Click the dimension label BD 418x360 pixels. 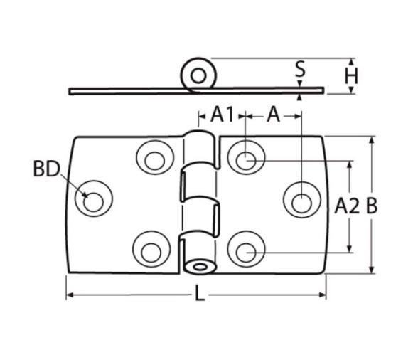[x=46, y=169]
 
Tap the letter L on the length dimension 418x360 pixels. [x=200, y=292]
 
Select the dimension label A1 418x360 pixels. [x=222, y=115]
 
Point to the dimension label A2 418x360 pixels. [x=347, y=206]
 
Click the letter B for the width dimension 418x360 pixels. [x=372, y=206]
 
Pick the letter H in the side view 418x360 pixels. [x=351, y=76]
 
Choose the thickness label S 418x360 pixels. [x=301, y=69]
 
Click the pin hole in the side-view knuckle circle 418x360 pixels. [x=198, y=76]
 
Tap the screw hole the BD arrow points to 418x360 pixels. [x=93, y=202]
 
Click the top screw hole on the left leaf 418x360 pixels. [x=155, y=161]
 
